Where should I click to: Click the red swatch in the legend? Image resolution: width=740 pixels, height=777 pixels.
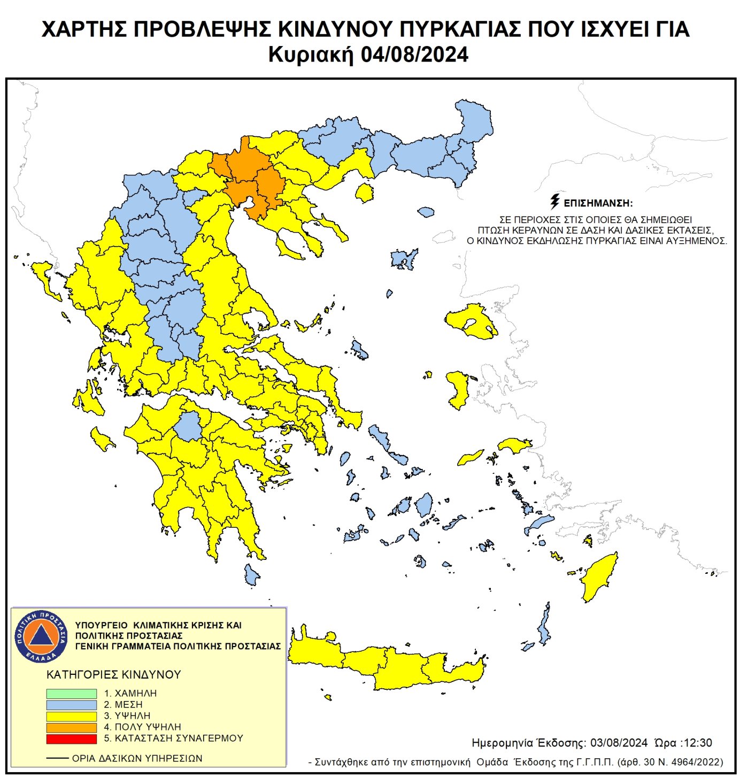pos(71,738)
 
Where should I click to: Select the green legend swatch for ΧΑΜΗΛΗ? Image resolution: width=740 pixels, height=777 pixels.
pos(71,693)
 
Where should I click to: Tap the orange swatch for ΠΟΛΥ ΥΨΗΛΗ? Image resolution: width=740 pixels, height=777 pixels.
pos(71,727)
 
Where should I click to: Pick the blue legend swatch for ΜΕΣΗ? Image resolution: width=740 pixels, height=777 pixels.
pos(71,705)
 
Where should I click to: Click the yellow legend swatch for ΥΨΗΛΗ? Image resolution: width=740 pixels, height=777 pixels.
pos(71,716)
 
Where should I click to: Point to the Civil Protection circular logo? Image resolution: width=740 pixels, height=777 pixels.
pos(41,636)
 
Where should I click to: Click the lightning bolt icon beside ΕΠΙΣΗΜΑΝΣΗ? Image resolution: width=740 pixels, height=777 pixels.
pos(555,202)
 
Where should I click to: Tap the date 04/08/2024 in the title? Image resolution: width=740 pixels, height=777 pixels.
pos(414,55)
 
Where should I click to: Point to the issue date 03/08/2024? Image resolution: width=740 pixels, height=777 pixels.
pos(619,743)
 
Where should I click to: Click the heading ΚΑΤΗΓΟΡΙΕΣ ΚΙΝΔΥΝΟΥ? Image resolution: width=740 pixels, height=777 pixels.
pos(114,674)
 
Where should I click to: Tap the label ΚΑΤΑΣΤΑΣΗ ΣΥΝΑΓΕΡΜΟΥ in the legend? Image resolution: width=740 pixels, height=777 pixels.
pos(179,738)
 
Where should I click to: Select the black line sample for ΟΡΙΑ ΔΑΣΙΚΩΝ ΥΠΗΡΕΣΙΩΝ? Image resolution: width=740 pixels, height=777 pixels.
pos(57,758)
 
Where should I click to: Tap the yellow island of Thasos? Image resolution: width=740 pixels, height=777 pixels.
pos(365,193)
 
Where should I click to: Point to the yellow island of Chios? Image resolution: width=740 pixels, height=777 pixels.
pos(458,389)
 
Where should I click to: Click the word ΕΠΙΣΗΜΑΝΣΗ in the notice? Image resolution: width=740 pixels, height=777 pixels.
pos(598,203)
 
